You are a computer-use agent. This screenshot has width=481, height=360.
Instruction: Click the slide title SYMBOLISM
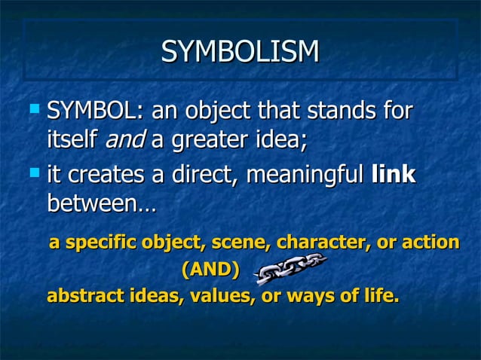pos(240,51)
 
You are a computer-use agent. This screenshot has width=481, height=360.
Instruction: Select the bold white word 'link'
pos(394,175)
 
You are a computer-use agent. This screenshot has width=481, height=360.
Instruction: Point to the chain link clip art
pos(290,269)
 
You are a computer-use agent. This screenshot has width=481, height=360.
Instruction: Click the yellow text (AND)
pos(210,269)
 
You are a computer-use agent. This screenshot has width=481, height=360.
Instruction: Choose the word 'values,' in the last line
pos(219,296)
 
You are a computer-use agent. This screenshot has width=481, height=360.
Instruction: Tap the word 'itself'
pos(73,139)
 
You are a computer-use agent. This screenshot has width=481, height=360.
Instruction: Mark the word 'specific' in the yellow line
pos(97,243)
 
